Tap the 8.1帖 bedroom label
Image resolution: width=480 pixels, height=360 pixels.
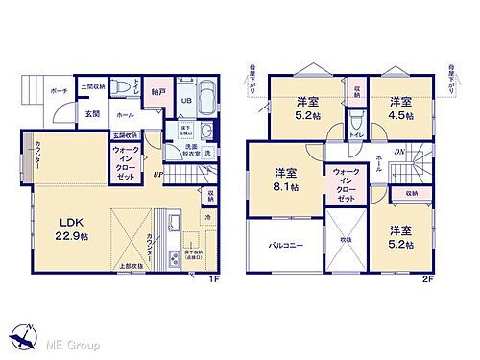(285, 180)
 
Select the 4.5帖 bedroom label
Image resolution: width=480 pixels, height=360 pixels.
(401, 108)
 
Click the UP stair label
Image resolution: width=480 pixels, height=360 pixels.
(156, 175)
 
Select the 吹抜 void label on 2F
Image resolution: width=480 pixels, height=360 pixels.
(345, 239)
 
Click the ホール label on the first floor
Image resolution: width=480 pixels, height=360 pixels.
(125, 114)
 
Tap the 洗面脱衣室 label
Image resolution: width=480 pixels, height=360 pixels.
(186, 150)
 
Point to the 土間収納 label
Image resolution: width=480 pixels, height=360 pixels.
(92, 85)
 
